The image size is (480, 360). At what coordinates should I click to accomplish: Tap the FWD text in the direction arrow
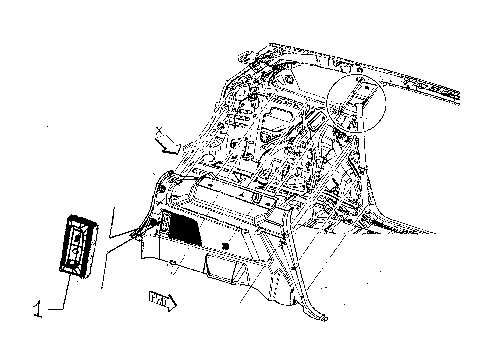coord(158,298)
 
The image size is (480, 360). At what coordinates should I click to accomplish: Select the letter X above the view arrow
coord(159,131)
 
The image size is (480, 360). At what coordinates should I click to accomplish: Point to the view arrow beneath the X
coord(168,145)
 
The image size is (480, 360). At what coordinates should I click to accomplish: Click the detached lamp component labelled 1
coord(78,247)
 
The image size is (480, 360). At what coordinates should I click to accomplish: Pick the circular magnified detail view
coord(357,103)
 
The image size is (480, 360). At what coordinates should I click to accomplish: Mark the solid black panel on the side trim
coord(184,230)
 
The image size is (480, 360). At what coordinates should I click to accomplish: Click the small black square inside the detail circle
coord(366,87)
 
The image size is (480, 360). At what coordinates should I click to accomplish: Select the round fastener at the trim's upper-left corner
coord(174,201)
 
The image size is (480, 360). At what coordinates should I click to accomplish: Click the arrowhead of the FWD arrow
coord(172,303)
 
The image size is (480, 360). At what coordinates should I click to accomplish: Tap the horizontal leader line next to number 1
coord(55,310)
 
